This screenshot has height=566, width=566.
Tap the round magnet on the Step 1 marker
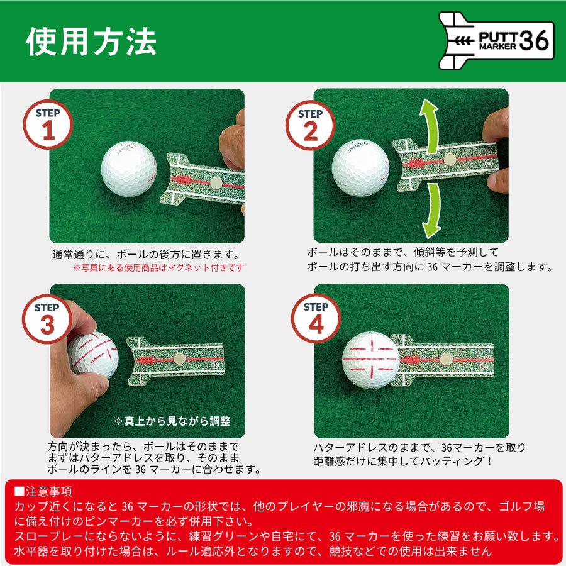tap(215, 182)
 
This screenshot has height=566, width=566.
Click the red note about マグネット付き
tap(158, 268)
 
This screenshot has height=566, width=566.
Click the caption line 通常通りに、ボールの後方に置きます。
tap(147, 255)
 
